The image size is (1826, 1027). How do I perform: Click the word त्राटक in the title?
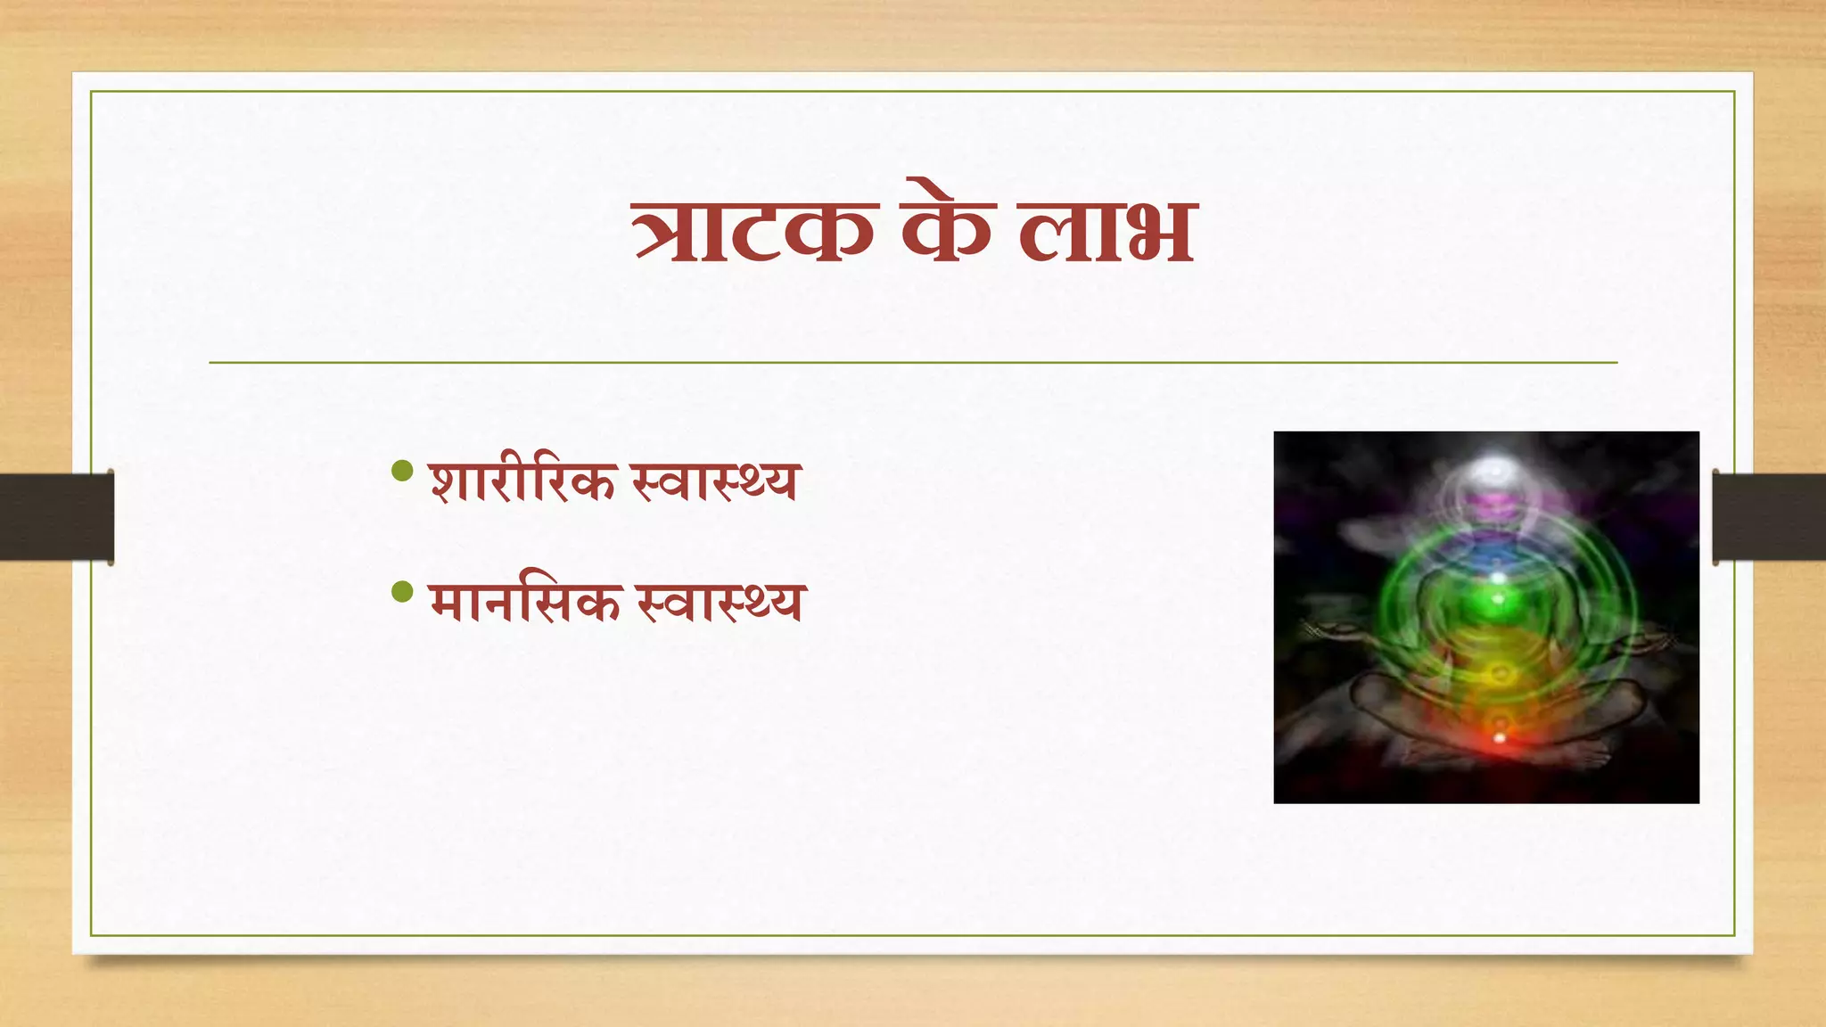753,230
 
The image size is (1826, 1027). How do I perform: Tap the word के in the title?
947,227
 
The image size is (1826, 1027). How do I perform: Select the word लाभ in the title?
1106,230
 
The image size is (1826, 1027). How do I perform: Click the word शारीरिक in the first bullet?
522,481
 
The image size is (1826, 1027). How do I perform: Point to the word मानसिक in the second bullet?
524,602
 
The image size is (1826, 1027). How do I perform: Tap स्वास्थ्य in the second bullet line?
720,602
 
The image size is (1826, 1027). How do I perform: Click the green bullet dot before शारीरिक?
403,471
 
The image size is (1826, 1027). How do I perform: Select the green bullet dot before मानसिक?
403,591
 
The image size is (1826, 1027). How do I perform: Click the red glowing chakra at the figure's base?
1499,737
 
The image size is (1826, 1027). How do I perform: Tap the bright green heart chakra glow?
1498,596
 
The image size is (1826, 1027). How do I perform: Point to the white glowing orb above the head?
1494,467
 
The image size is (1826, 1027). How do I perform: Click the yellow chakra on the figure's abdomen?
1499,673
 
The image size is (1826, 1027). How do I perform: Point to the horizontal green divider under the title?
913,363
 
